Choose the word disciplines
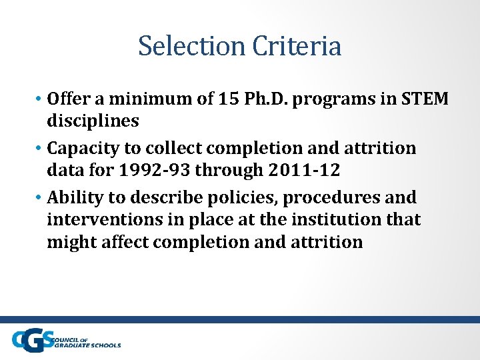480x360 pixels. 93,121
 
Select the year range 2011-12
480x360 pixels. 304,170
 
